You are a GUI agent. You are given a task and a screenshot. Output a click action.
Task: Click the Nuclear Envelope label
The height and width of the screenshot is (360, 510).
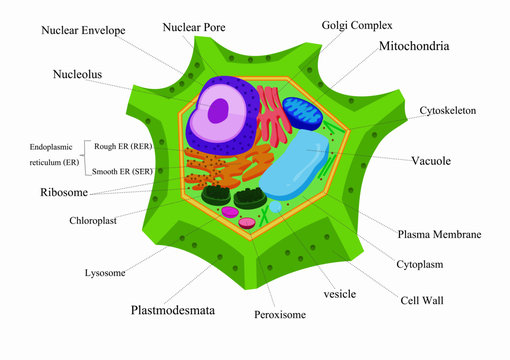coord(83,31)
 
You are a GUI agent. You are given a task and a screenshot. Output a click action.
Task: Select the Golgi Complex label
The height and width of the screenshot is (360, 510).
coord(357,24)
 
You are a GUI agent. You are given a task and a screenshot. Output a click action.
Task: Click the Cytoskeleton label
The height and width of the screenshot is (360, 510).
coord(447,110)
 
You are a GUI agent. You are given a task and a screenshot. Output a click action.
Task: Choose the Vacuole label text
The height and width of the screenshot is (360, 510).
coord(432,160)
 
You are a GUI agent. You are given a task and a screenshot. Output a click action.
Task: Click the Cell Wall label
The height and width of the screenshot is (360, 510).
coord(422,299)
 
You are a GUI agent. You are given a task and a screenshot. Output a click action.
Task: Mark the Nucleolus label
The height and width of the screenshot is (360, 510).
coord(78,74)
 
